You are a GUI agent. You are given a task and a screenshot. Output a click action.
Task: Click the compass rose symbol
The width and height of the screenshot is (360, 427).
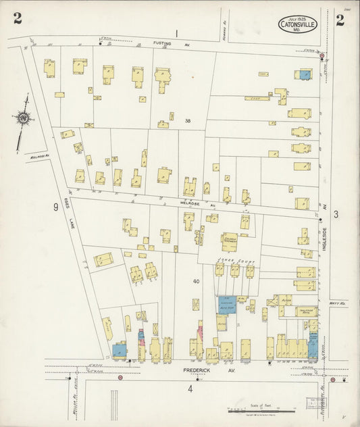pyautogui.click(x=24, y=118)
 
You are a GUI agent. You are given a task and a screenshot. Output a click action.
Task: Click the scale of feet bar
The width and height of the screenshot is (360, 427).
pyautogui.click(x=261, y=409)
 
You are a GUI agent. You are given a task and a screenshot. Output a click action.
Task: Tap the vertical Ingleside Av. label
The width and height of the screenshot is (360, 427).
pyautogui.click(x=324, y=238)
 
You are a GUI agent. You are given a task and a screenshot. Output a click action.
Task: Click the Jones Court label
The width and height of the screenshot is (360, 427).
pyautogui.click(x=228, y=258)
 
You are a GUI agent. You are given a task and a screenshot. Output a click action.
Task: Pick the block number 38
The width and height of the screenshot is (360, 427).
pyautogui.click(x=188, y=122)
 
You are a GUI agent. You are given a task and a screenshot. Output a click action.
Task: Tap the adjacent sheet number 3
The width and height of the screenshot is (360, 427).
pyautogui.click(x=335, y=214)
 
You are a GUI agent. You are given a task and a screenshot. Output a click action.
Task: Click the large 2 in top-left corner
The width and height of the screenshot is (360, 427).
pyautogui.click(x=17, y=18)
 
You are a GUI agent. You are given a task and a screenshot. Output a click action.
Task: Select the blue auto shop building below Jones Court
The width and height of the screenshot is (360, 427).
pyautogui.click(x=228, y=305)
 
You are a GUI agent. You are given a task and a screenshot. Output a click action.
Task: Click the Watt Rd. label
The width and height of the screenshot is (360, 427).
pyautogui.click(x=339, y=304)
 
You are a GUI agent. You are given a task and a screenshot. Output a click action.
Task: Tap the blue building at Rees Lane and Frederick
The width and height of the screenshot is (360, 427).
pyautogui.click(x=119, y=351)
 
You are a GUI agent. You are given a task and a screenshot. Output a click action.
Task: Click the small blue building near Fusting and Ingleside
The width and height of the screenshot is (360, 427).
pyautogui.click(x=305, y=74)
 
